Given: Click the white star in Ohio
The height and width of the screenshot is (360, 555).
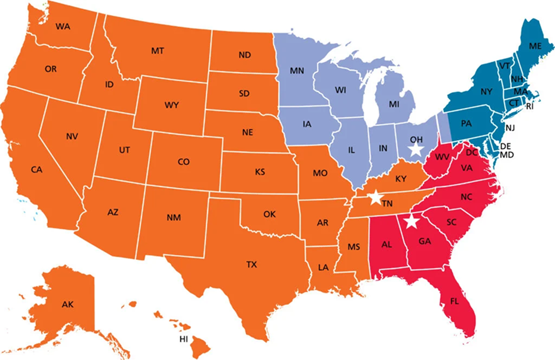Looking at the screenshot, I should point(415,149).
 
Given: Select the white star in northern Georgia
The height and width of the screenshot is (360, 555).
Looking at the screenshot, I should point(412,221).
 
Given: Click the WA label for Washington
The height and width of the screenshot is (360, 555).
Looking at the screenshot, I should point(63,27).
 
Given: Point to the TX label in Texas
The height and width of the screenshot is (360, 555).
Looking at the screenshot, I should point(251,265).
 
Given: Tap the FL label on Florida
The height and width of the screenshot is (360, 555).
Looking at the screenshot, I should point(454,302).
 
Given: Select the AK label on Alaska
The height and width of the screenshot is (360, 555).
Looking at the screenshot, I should point(68,304).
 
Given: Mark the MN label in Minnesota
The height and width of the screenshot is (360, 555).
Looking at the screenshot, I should point(297,72).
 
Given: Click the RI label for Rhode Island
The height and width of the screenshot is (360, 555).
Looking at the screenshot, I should point(529,107).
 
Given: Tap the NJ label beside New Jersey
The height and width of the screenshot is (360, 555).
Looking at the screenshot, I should point(510,128).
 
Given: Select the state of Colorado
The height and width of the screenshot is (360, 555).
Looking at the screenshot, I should point(184,161).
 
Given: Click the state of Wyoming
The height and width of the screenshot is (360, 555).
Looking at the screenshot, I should point(171,105).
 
